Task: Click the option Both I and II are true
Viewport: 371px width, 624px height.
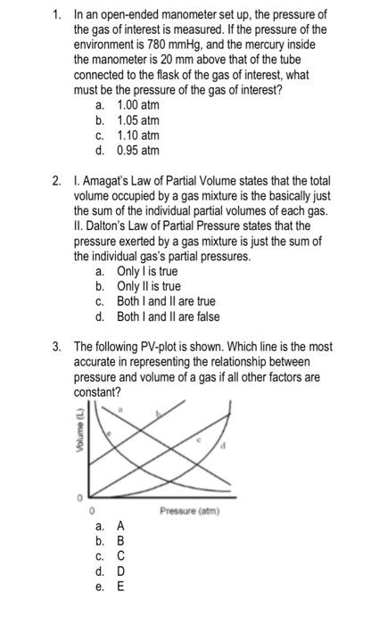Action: click(166, 301)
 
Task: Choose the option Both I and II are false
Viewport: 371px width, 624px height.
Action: click(168, 316)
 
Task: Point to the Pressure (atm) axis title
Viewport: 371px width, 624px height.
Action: click(190, 511)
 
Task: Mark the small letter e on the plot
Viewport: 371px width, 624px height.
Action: click(109, 432)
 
